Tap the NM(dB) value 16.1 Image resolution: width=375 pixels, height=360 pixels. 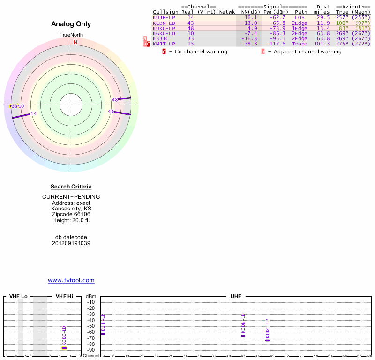tap(251, 17)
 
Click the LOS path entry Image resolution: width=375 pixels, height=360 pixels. tap(300, 17)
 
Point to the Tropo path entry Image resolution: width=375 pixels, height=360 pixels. tap(300, 44)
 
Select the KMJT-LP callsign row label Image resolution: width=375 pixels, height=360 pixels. tap(164, 44)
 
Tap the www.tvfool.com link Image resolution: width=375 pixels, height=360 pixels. tap(71, 280)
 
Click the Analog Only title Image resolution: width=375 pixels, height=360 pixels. tap(71, 24)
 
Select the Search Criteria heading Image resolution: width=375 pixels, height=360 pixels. tap(71, 187)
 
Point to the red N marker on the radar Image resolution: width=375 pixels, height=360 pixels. tap(75, 42)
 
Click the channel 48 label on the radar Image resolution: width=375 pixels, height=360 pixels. tap(115, 100)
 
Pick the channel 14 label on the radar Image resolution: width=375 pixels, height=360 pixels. tap(33, 113)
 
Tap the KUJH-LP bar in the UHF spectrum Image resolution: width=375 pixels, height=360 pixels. tap(103, 334)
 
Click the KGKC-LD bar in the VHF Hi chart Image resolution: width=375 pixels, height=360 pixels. tap(64, 348)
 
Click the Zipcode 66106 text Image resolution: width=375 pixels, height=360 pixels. tap(71, 214)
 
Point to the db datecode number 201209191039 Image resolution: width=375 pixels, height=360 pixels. tap(71, 243)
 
